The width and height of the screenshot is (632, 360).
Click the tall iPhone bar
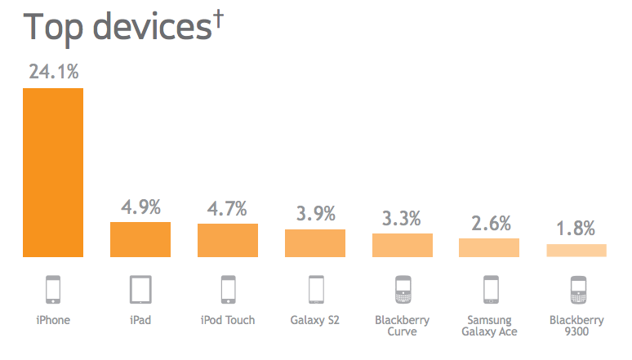pyautogui.click(x=53, y=171)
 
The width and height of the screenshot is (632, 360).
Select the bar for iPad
pyautogui.click(x=140, y=239)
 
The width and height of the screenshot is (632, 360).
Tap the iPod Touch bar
pyautogui.click(x=228, y=240)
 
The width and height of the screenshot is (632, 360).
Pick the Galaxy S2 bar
pyautogui.click(x=315, y=242)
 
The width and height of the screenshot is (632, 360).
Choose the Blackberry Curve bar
pyautogui.click(x=403, y=245)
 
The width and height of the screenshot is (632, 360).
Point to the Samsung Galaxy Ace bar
pyautogui.click(x=489, y=247)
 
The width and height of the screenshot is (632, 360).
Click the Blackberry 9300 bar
pyautogui.click(x=576, y=251)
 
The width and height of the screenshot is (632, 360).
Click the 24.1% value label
pyautogui.click(x=54, y=72)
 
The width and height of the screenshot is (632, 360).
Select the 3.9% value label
pyautogui.click(x=315, y=214)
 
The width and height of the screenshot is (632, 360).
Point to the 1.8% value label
pyautogui.click(x=576, y=229)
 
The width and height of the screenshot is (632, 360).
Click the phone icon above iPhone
pyautogui.click(x=53, y=290)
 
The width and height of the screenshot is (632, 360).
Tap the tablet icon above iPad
pyautogui.click(x=140, y=290)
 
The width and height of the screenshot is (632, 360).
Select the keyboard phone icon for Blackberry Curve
pyautogui.click(x=403, y=290)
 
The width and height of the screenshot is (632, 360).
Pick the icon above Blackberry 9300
pyautogui.click(x=576, y=290)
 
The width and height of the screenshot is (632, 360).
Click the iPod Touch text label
pyautogui.click(x=228, y=320)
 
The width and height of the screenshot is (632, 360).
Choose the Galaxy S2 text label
pyautogui.click(x=315, y=320)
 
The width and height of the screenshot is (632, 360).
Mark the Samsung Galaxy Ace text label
pyautogui.click(x=489, y=326)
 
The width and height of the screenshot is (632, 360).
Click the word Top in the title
pyautogui.click(x=55, y=27)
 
